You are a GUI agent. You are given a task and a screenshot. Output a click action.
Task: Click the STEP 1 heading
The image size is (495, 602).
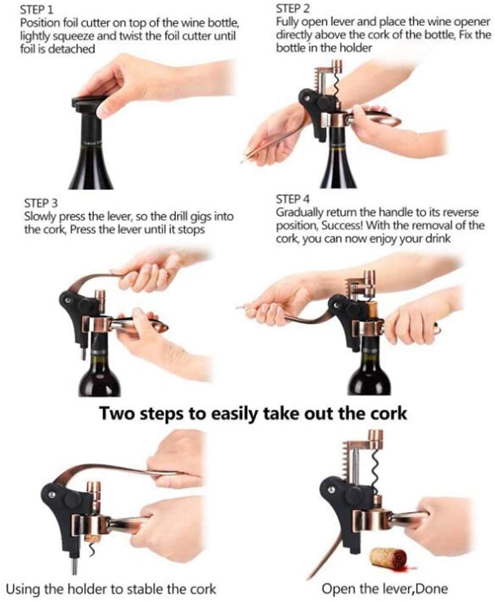click(x=37, y=9)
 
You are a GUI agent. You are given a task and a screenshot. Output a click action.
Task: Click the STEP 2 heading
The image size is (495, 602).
click(x=293, y=9)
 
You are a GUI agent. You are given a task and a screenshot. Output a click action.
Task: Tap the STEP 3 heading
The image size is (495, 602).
click(x=41, y=203)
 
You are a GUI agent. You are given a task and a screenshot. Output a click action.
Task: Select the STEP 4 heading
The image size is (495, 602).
click(x=293, y=199)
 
